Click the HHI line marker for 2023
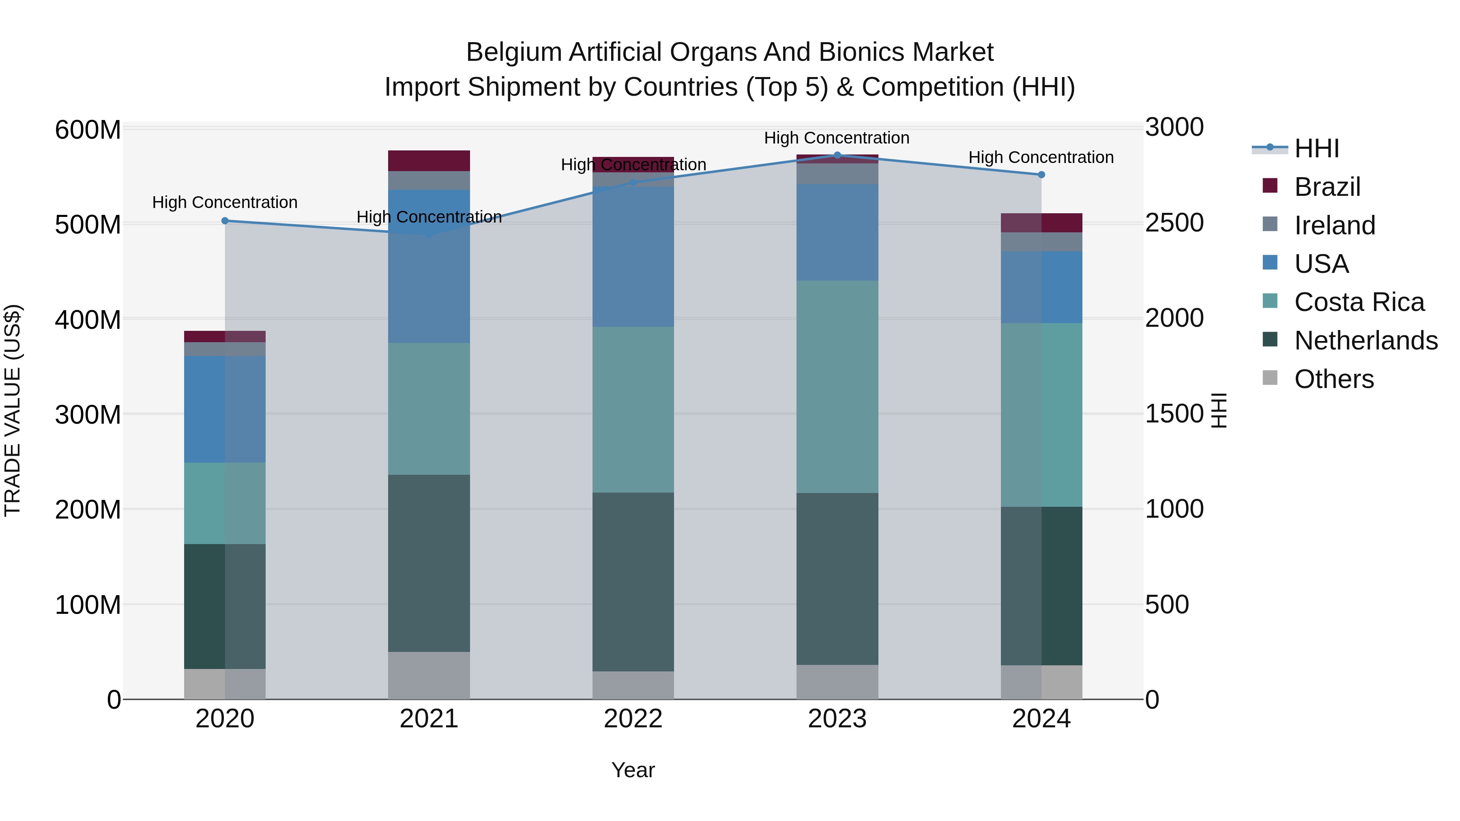(x=837, y=155)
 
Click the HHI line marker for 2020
(x=225, y=221)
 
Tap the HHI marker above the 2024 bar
(x=1041, y=174)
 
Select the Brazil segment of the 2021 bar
(x=429, y=161)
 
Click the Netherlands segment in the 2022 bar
(x=633, y=582)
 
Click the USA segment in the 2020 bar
(x=225, y=409)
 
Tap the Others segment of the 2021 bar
(x=429, y=675)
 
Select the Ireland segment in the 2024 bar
(x=1041, y=242)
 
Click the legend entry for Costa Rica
(x=1359, y=302)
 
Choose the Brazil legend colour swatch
(x=1270, y=186)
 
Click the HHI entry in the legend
(x=1316, y=148)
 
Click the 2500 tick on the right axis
(x=1174, y=223)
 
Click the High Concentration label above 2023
(x=837, y=138)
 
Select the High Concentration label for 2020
(x=225, y=202)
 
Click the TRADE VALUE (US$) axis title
(x=13, y=410)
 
